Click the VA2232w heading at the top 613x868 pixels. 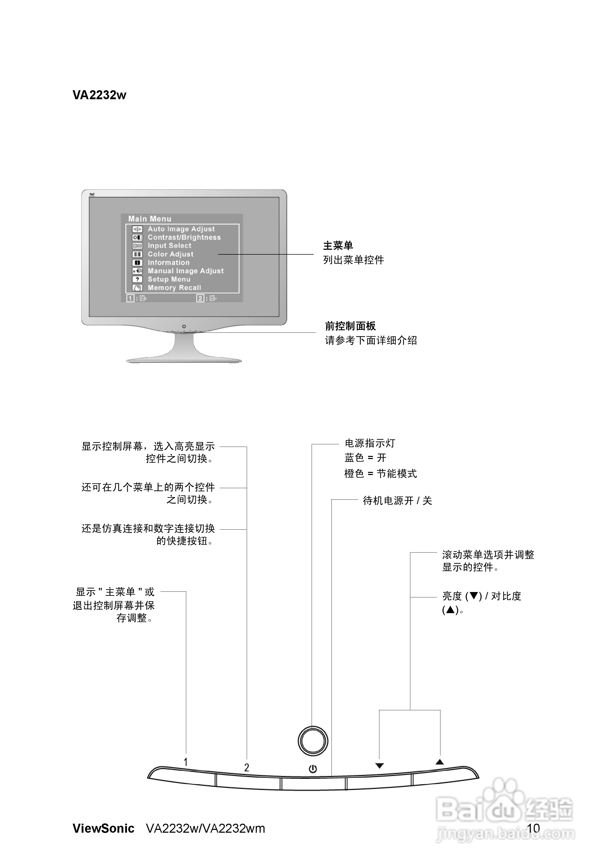coord(99,95)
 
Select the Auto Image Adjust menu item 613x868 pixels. coord(181,229)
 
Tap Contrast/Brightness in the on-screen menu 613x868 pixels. coord(184,237)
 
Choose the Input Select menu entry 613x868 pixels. coord(169,246)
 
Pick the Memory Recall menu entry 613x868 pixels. coord(174,288)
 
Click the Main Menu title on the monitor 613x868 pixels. coord(150,219)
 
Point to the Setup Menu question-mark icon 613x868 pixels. coord(137,279)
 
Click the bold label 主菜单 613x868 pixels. coord(338,246)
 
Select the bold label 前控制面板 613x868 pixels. coord(350,326)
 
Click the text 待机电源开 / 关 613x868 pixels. coord(397,501)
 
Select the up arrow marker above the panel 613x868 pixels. coord(439,762)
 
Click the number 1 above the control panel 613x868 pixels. coord(185,762)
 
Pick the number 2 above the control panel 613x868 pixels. coord(247,768)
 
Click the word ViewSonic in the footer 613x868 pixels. coord(104,829)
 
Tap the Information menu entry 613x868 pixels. coord(168,263)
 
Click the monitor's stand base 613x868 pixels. coord(184,359)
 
